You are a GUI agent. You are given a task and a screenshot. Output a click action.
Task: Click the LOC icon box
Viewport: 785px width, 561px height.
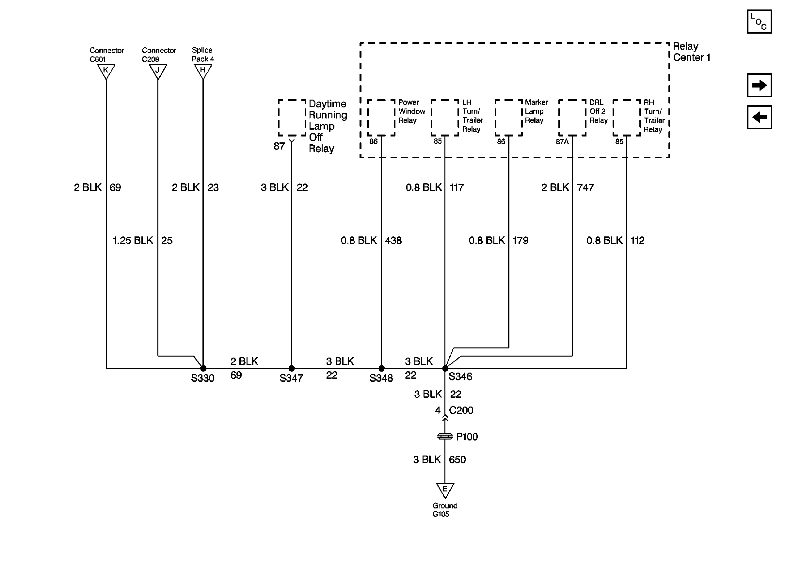(x=759, y=22)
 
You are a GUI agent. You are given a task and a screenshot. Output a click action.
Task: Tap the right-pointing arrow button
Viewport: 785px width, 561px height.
(x=759, y=85)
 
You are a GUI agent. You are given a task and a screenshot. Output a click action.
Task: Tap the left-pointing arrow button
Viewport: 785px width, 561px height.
(x=759, y=117)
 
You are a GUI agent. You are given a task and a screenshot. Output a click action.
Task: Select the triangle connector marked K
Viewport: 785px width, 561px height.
(x=106, y=71)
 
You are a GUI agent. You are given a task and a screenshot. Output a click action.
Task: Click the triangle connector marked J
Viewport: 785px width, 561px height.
(x=158, y=71)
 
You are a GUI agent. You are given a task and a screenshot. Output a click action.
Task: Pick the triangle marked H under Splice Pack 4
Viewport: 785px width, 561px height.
(x=203, y=71)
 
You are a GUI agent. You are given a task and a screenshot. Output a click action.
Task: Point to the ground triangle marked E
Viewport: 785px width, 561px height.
(x=445, y=490)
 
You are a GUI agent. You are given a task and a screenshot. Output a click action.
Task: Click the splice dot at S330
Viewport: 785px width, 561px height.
(x=203, y=368)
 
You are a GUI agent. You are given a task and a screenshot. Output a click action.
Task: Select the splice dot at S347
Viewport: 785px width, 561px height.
(x=292, y=368)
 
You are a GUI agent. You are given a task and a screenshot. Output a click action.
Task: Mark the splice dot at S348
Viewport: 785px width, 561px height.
(x=381, y=368)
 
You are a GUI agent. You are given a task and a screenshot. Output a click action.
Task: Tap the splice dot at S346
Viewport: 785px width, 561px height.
(x=445, y=369)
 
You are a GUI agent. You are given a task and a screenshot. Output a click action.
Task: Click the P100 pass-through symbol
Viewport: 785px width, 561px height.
(x=445, y=436)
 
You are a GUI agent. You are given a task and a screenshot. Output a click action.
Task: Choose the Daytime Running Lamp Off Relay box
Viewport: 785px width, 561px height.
(x=292, y=118)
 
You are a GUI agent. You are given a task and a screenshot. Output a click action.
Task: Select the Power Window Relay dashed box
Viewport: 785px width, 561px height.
(x=381, y=118)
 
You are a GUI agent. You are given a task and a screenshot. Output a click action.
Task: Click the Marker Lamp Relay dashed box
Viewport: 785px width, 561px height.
(x=508, y=118)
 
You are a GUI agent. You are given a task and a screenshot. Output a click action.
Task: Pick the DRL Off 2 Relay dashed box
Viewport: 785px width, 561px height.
(x=572, y=118)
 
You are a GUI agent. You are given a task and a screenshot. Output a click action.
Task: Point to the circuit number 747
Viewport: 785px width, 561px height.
(x=585, y=187)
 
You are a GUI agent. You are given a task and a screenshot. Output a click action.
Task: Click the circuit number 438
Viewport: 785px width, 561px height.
(x=393, y=240)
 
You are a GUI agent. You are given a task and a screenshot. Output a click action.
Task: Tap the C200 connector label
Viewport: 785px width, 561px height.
(x=461, y=410)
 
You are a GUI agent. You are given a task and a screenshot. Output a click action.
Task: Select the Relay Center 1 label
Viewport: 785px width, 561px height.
(x=691, y=52)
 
